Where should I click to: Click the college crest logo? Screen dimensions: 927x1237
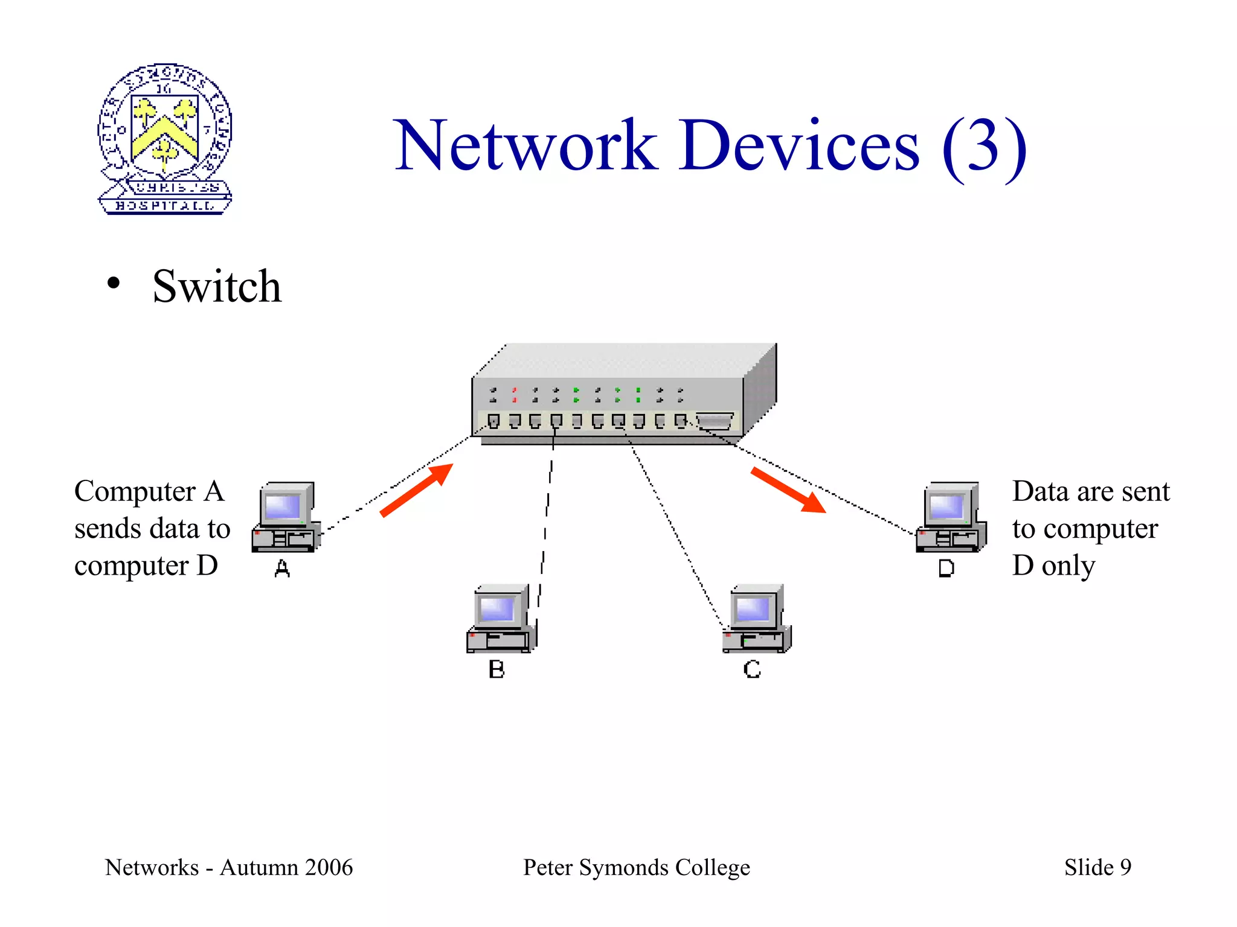tap(164, 139)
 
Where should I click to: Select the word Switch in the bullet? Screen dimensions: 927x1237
tap(217, 286)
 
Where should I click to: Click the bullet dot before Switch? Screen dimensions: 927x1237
tap(113, 283)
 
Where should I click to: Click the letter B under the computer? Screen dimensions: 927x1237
tap(496, 669)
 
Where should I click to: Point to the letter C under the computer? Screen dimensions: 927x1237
tap(752, 669)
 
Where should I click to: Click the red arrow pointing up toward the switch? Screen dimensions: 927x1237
tap(417, 490)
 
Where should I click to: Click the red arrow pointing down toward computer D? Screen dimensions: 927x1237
tap(788, 489)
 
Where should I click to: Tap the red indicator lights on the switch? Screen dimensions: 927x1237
tap(515, 395)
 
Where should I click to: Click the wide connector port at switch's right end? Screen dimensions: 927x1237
tap(715, 421)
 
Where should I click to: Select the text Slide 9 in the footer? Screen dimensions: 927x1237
tap(1097, 867)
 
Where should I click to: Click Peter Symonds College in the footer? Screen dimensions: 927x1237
tap(636, 867)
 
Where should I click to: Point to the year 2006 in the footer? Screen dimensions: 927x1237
tap(329, 867)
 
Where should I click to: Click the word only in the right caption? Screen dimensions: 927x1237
tap(1068, 565)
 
